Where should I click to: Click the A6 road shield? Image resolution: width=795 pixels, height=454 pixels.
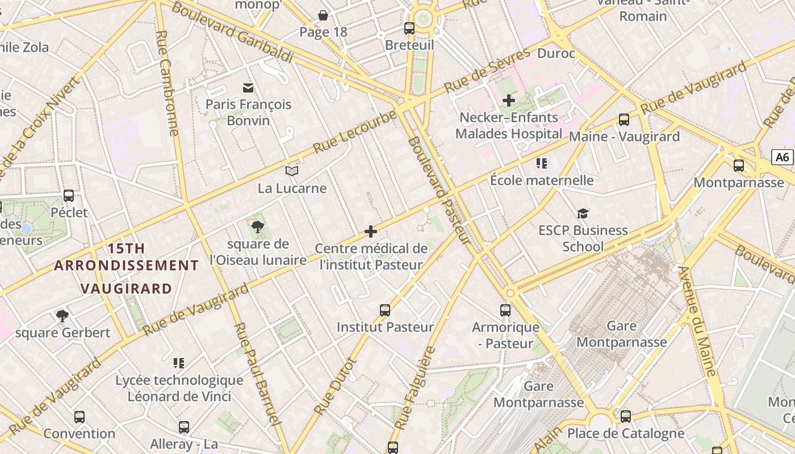tap(783, 157)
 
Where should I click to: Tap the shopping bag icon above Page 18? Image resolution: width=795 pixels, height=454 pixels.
tap(323, 15)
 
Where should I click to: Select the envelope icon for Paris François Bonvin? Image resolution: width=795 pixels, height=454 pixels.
tap(248, 87)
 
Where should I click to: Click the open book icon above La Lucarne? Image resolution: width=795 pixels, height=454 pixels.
tap(292, 171)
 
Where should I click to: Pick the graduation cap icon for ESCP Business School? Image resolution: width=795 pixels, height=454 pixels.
tap(583, 213)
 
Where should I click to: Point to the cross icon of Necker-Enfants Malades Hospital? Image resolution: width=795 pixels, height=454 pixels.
tap(509, 100)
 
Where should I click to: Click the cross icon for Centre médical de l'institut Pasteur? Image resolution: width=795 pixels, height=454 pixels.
tap(371, 232)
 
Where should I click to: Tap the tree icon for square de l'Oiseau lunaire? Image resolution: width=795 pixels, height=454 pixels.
tap(258, 227)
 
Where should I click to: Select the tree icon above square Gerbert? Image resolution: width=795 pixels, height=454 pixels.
tap(62, 316)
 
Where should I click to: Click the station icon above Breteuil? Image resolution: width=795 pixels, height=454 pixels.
tap(409, 28)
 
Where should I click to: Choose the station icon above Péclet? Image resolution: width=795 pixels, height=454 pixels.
tap(69, 196)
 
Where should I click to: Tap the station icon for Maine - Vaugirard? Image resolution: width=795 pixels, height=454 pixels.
tap(624, 120)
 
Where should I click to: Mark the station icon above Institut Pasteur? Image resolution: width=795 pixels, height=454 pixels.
tap(385, 310)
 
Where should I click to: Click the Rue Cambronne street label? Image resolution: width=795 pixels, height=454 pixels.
tap(167, 83)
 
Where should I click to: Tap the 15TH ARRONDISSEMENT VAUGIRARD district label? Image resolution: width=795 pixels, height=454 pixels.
tap(126, 268)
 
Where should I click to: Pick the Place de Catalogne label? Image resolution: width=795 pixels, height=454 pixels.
tap(626, 434)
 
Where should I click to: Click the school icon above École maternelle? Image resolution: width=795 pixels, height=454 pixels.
tap(542, 163)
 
